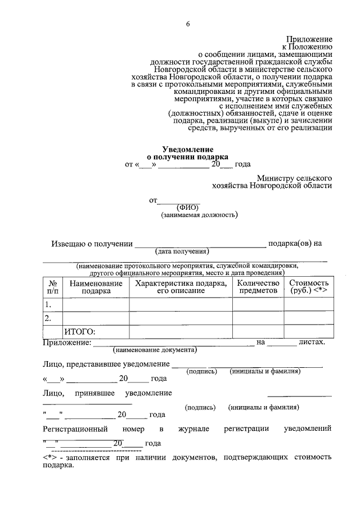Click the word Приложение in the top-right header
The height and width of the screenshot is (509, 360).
click(x=308, y=37)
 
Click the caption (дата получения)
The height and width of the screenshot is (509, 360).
click(x=183, y=251)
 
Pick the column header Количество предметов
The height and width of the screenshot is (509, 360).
click(x=258, y=287)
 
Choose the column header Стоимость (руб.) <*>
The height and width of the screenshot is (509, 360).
click(x=308, y=287)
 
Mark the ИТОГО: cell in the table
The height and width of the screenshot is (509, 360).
click(x=80, y=332)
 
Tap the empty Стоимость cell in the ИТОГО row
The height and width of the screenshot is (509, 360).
click(x=308, y=332)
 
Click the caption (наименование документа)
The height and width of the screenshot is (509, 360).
click(x=155, y=350)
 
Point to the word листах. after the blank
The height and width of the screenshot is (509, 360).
click(x=312, y=342)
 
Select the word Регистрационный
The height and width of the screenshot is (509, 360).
click(x=72, y=429)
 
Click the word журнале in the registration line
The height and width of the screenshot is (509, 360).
click(x=194, y=429)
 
